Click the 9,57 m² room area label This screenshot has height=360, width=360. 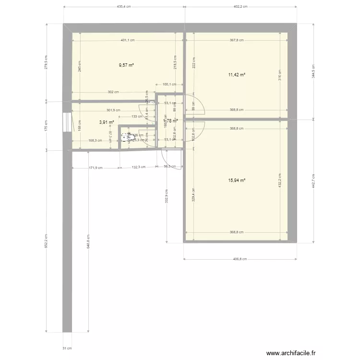click(x=126, y=65)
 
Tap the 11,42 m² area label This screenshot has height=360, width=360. click(x=237, y=75)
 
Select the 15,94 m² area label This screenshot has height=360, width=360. click(x=237, y=180)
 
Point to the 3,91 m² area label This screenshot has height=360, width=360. click(x=106, y=122)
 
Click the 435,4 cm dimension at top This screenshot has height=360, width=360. click(x=124, y=7)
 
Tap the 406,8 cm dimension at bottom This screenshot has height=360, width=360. click(x=240, y=259)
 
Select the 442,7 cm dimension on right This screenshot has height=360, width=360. click(x=313, y=180)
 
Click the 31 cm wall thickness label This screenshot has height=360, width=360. click(x=67, y=348)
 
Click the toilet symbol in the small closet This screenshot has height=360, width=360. click(x=127, y=138)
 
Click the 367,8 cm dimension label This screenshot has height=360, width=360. click(x=237, y=40)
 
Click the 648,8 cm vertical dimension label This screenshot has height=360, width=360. click(x=87, y=241)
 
